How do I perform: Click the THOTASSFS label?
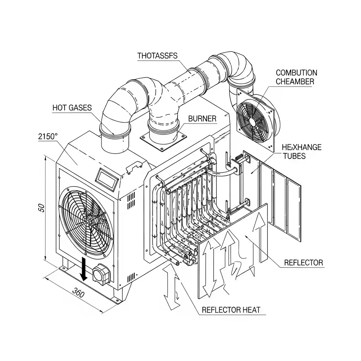coord(158,56)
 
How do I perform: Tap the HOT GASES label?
coord(72,108)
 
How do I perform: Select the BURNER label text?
coord(202,118)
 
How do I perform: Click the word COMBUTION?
coord(296,73)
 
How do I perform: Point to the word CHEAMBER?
coord(295,81)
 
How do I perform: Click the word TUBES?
coord(294,156)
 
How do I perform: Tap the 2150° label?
coord(48,136)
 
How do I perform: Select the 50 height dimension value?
coord(42,208)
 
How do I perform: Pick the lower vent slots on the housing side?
coord(131,278)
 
